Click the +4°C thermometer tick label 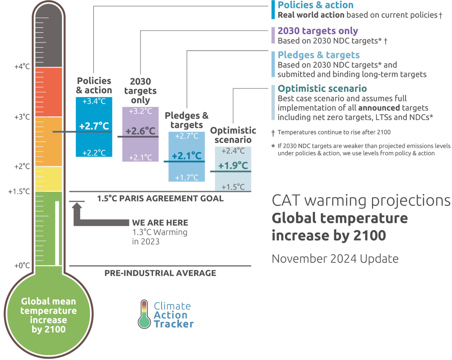point(22,67)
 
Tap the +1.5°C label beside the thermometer point(19,192)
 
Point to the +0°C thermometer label point(22,266)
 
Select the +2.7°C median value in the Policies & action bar point(94,126)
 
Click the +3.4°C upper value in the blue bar point(94,101)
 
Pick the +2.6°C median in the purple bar point(140,131)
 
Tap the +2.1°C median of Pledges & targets point(187,156)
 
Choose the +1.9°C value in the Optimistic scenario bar point(233,166)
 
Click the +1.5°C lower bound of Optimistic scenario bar point(233,187)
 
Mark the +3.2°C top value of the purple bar point(140,111)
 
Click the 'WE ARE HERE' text point(160,223)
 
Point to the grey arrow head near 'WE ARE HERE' point(77,206)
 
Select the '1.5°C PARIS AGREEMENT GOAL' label point(160,199)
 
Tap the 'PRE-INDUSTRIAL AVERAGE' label point(160,273)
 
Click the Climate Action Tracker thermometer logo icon point(144,314)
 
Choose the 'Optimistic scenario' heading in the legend point(322,89)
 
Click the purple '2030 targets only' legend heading point(318,31)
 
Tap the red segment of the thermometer point(49,92)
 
